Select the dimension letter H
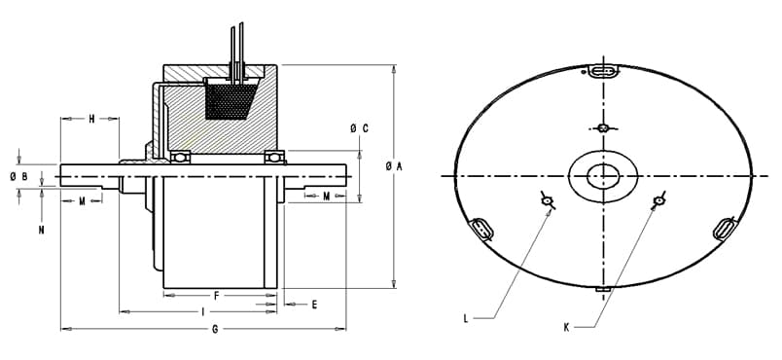[91, 119]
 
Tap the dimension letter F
[217, 296]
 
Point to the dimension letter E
[314, 305]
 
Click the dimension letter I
[202, 312]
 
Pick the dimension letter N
[42, 230]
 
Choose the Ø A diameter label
[394, 167]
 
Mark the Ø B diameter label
[18, 176]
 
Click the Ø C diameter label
[359, 128]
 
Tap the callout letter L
[466, 318]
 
